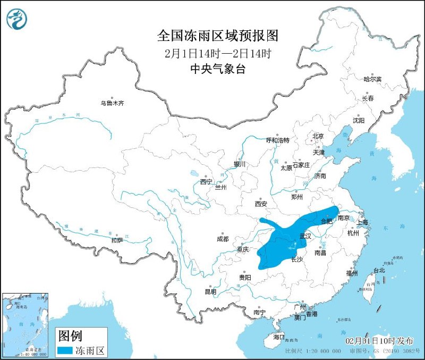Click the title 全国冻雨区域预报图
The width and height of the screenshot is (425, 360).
[218, 36]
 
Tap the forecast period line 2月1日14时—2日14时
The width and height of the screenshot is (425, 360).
[218, 53]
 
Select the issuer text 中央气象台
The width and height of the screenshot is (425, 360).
[218, 69]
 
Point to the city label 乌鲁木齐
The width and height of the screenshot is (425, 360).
[112, 103]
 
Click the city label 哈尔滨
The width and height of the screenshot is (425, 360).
[372, 79]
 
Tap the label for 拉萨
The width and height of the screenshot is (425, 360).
[117, 240]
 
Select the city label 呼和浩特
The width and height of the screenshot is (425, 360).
[277, 140]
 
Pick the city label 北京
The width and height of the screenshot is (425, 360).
[318, 136]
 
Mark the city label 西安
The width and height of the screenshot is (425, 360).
[260, 203]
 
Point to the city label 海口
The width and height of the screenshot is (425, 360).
[279, 338]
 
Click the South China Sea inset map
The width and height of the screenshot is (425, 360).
[25, 324]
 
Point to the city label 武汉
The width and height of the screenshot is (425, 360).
[305, 236]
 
